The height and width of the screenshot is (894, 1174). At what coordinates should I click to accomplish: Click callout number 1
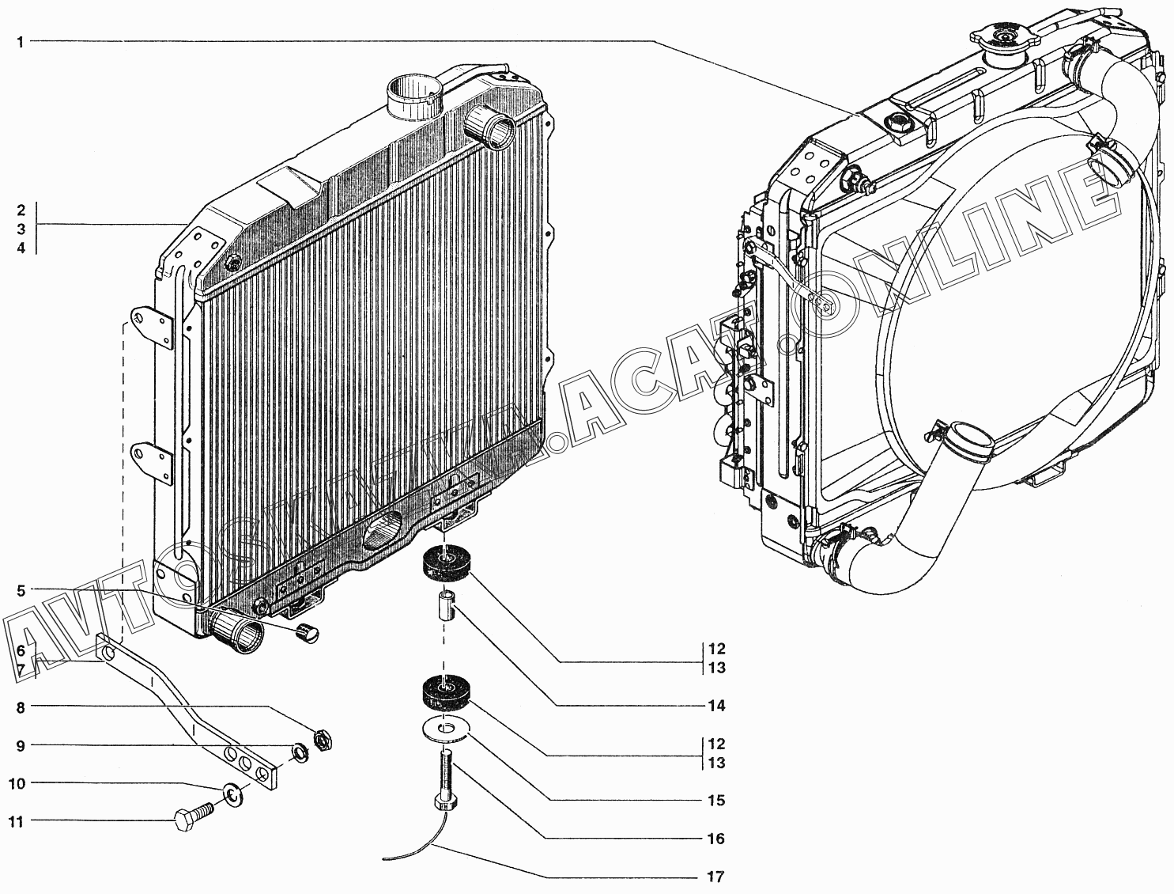tap(21, 42)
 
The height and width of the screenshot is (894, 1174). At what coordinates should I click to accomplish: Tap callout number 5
tap(21, 590)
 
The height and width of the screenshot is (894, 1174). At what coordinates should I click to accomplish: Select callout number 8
tap(21, 707)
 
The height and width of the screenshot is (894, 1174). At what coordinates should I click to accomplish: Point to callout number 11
tap(17, 822)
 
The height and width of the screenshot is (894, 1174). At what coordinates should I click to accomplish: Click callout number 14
tap(716, 706)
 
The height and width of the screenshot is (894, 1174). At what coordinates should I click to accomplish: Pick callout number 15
tap(716, 801)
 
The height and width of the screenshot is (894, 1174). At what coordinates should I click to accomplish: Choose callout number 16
tap(716, 839)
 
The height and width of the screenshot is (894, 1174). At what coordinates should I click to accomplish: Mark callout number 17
tap(716, 877)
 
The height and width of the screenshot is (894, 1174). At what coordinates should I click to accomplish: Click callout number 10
tap(17, 784)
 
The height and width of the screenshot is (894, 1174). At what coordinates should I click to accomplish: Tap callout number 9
tap(21, 745)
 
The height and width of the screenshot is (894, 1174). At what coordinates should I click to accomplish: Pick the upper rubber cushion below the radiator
tap(447, 563)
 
